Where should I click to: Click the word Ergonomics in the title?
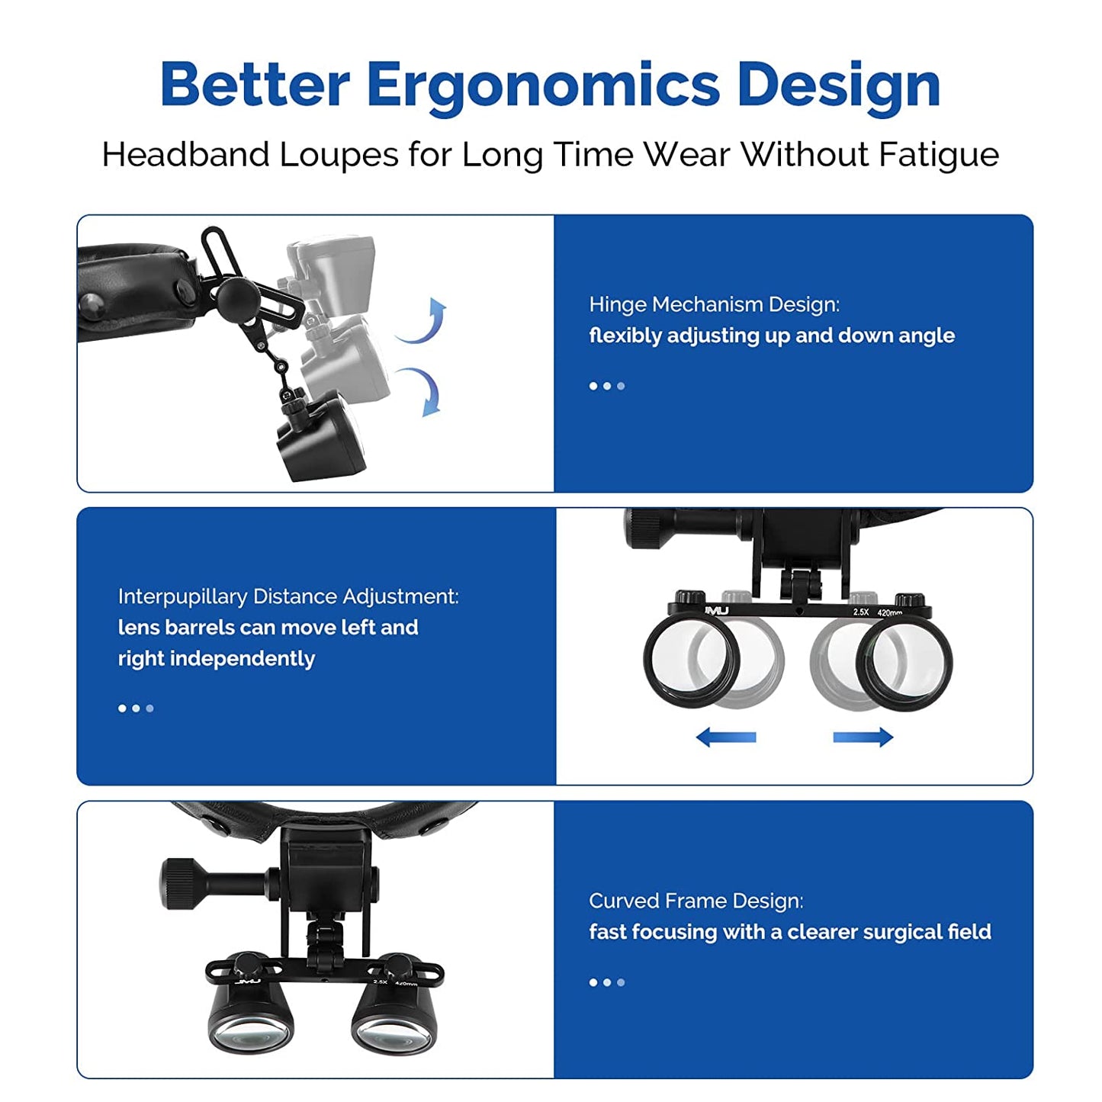pyautogui.click(x=543, y=85)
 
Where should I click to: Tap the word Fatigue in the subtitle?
pyautogui.click(x=939, y=155)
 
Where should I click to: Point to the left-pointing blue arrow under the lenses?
pyautogui.click(x=726, y=737)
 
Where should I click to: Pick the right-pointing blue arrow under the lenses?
pyautogui.click(x=863, y=737)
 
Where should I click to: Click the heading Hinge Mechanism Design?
pyautogui.click(x=715, y=305)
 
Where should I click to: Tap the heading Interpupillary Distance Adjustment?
pyautogui.click(x=288, y=596)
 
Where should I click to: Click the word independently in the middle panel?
pyautogui.click(x=243, y=659)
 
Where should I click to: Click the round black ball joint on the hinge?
pyautogui.click(x=236, y=294)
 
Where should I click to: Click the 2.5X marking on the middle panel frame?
pyautogui.click(x=861, y=612)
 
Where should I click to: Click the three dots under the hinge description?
pyautogui.click(x=607, y=386)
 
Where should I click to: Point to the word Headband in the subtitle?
pyautogui.click(x=186, y=155)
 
